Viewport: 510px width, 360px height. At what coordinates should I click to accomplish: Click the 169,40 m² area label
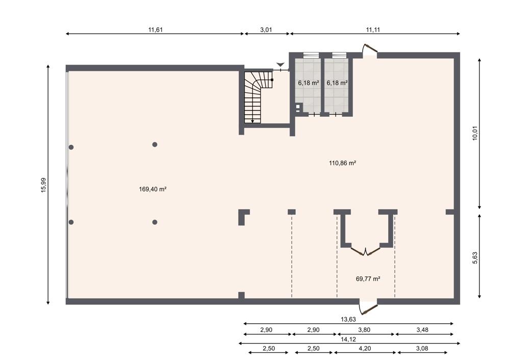pyautogui.click(x=152, y=189)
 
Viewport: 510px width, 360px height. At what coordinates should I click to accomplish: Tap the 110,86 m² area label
pyautogui.click(x=343, y=163)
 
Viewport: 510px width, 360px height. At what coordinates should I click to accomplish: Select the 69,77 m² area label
pyautogui.click(x=368, y=279)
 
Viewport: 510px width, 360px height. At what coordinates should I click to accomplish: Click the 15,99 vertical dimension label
pyautogui.click(x=43, y=185)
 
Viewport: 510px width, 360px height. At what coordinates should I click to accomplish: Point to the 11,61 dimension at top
pyautogui.click(x=156, y=30)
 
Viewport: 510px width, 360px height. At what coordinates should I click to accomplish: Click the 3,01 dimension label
pyautogui.click(x=266, y=30)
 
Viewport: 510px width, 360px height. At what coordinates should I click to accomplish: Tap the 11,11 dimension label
pyautogui.click(x=373, y=30)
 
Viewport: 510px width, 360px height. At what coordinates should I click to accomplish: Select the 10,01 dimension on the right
pyautogui.click(x=475, y=133)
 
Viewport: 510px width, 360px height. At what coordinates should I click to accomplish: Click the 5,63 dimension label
pyautogui.click(x=475, y=258)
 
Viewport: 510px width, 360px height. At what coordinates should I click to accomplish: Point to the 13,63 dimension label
pyautogui.click(x=348, y=319)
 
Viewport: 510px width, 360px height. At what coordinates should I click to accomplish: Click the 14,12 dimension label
pyautogui.click(x=348, y=339)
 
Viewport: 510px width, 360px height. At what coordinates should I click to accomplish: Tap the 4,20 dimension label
pyautogui.click(x=365, y=348)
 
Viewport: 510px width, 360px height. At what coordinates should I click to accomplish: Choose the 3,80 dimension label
pyautogui.click(x=364, y=330)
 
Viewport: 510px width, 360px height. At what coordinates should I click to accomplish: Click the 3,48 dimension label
pyautogui.click(x=422, y=330)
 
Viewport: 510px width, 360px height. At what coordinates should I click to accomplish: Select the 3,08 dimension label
pyautogui.click(x=422, y=348)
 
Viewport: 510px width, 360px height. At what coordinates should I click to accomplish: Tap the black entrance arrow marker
pyautogui.click(x=280, y=64)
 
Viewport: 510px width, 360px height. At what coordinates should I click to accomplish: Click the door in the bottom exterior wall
pyautogui.click(x=368, y=307)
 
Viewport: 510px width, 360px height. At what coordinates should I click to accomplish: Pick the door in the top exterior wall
pyautogui.click(x=370, y=49)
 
